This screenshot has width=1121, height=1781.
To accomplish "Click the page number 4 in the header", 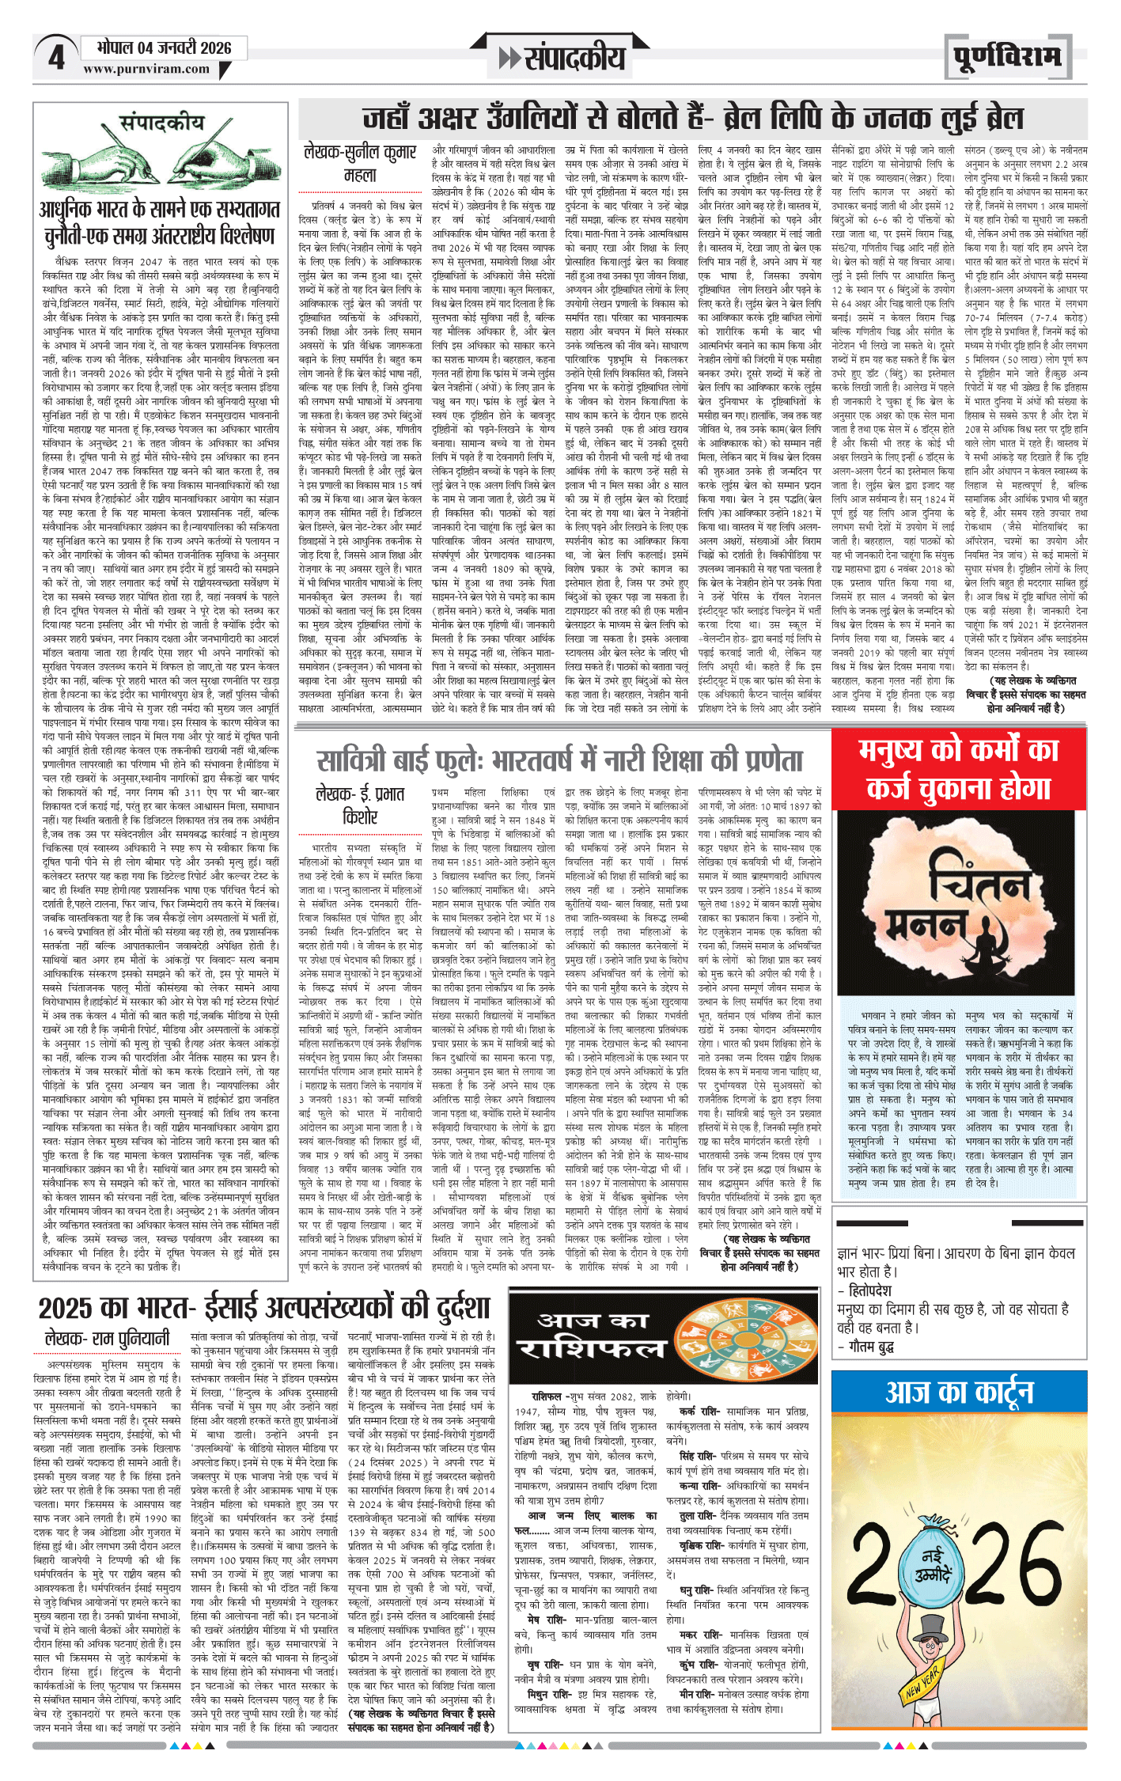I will tap(56, 58).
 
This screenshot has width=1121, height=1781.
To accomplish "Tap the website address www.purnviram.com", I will tap(146, 70).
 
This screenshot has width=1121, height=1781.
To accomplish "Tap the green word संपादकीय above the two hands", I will tap(161, 123).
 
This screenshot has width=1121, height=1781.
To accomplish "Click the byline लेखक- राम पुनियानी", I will tap(108, 1339).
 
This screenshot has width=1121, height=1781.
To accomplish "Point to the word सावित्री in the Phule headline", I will tap(357, 761).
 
